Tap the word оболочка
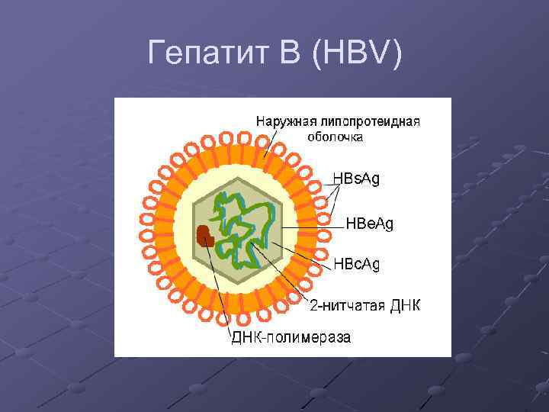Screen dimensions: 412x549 click(x=335, y=137)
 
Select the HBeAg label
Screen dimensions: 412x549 click(x=370, y=224)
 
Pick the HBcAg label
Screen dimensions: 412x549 click(x=356, y=264)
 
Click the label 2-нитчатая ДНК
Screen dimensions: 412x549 click(x=364, y=306)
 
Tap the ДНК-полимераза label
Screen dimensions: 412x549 click(x=291, y=337)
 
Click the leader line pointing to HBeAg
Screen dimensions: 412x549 click(x=305, y=227)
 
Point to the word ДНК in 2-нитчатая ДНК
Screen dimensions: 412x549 click(x=405, y=306)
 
